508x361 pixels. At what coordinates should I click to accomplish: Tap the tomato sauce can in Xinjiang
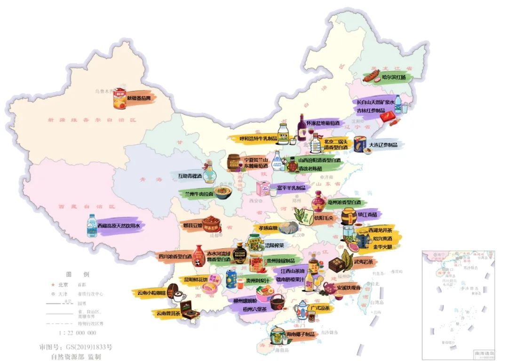(x=120, y=99)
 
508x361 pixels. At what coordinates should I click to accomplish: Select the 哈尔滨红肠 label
(x=394, y=77)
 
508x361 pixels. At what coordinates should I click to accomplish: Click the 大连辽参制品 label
(x=383, y=145)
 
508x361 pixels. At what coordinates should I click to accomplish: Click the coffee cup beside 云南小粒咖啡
(x=179, y=296)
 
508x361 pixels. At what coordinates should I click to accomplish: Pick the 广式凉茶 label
(x=320, y=309)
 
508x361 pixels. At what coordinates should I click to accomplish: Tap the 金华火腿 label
(x=382, y=246)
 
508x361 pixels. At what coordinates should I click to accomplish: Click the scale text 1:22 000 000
(x=77, y=333)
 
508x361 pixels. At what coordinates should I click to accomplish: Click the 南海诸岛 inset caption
(x=484, y=353)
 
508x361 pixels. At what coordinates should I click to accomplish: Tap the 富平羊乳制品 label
(x=290, y=188)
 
